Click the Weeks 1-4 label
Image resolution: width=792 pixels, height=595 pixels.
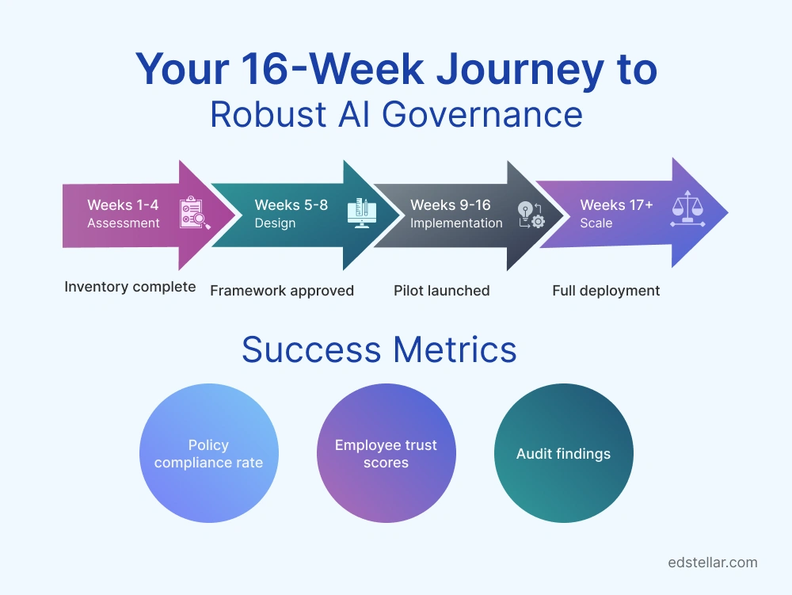pyautogui.click(x=123, y=205)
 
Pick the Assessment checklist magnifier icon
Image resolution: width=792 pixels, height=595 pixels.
pyautogui.click(x=195, y=213)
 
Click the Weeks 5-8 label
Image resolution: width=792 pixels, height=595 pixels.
pyautogui.click(x=291, y=205)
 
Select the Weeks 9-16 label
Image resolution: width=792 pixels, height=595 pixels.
pyautogui.click(x=451, y=205)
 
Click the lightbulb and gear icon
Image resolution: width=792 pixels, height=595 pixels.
pyautogui.click(x=531, y=215)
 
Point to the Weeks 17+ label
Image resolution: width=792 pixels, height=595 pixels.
pyautogui.click(x=616, y=205)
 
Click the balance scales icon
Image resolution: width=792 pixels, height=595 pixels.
pyautogui.click(x=687, y=212)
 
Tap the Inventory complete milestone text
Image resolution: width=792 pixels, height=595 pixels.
pyautogui.click(x=130, y=287)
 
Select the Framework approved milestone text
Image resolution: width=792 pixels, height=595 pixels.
pyautogui.click(x=281, y=291)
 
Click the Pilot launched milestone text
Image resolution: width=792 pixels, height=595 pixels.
pyautogui.click(x=441, y=291)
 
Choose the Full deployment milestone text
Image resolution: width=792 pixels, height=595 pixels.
pyautogui.click(x=606, y=291)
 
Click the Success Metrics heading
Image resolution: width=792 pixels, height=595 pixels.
pyautogui.click(x=379, y=349)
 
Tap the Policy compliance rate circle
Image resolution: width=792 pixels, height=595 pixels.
pyautogui.click(x=208, y=454)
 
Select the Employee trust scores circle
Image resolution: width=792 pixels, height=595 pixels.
pyautogui.click(x=386, y=454)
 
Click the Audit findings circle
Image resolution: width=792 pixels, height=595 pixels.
pyautogui.click(x=563, y=454)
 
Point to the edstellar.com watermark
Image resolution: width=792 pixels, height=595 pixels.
pyautogui.click(x=713, y=563)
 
